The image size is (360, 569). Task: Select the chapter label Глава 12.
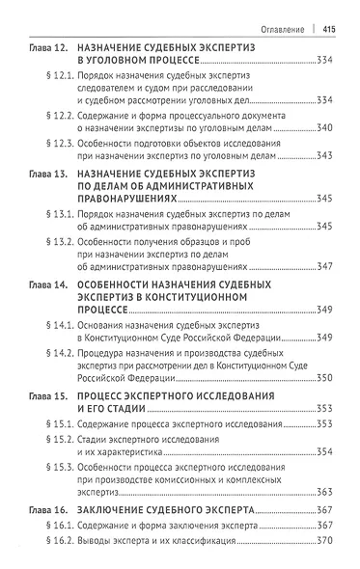(x=47, y=45)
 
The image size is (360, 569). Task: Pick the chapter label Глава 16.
(x=47, y=507)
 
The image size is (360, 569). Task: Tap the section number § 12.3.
(x=62, y=142)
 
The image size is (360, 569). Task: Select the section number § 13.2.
(x=62, y=239)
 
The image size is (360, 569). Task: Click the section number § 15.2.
(x=62, y=439)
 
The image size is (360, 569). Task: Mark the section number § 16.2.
(x=62, y=542)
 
